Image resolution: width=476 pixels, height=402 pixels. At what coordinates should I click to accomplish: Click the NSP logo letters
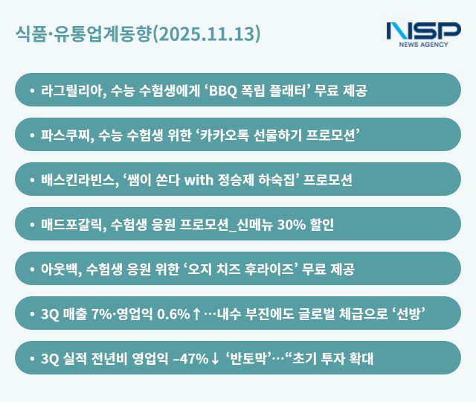[x=423, y=31]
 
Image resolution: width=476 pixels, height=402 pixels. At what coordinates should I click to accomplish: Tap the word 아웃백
[x=60, y=269]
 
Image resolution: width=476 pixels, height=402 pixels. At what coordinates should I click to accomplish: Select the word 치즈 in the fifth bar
[x=230, y=269]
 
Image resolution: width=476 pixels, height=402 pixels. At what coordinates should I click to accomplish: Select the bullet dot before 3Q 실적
[x=31, y=360]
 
